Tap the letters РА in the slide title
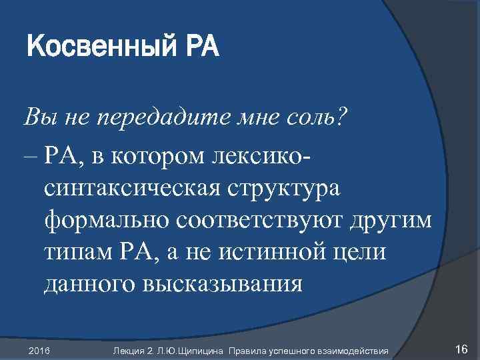(199, 48)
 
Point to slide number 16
(461, 349)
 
